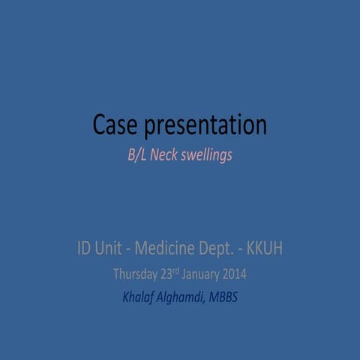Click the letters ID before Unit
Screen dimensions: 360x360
point(85,248)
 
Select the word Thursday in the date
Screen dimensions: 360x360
point(137,274)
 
